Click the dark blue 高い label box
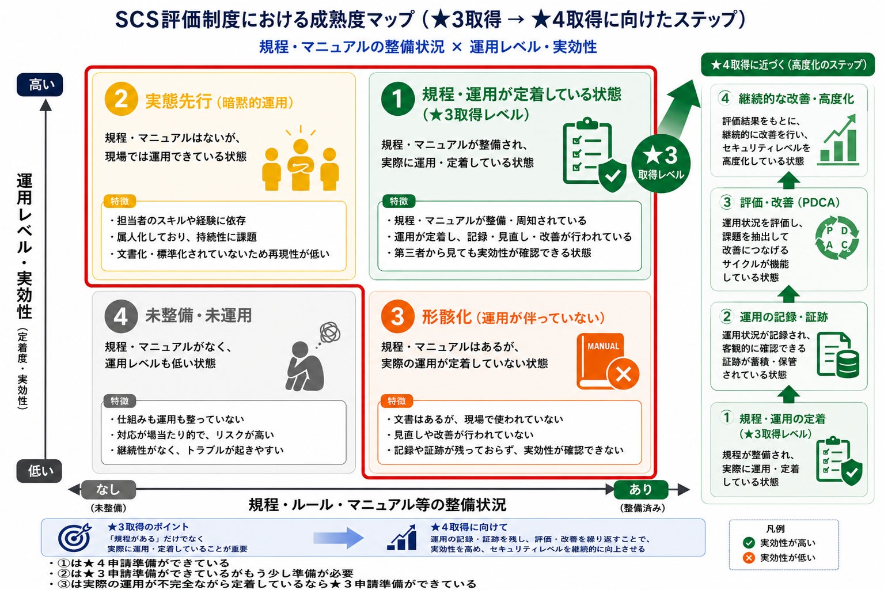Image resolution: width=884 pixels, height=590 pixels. pos(40,85)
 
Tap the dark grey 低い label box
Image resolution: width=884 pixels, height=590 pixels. pos(39,471)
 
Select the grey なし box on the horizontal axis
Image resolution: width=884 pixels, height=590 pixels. pos(108,490)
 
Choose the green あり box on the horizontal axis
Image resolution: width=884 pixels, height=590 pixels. pos(640,490)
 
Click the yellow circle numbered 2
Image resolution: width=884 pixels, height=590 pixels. pos(121,99)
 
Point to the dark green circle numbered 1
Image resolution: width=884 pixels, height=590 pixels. pos(398,99)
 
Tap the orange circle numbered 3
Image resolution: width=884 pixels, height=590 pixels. pos(398,316)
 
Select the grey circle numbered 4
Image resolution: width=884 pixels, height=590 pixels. pos(121,316)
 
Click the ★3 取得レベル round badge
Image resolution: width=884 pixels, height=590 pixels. pos(661,164)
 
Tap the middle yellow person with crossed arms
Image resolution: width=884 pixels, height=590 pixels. pos(301,165)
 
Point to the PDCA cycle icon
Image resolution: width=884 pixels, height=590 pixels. pos(837,238)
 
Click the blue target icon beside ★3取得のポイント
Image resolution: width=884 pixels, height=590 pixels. pos(75,537)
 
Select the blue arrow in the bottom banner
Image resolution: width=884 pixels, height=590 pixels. pos(338,538)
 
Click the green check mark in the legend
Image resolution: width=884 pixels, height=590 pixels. pos(748,543)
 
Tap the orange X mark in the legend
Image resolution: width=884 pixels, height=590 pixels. pos(748,558)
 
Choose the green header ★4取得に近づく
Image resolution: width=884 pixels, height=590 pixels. pos(788,65)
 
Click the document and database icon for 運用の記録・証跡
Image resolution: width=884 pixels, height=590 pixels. pos(838,355)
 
